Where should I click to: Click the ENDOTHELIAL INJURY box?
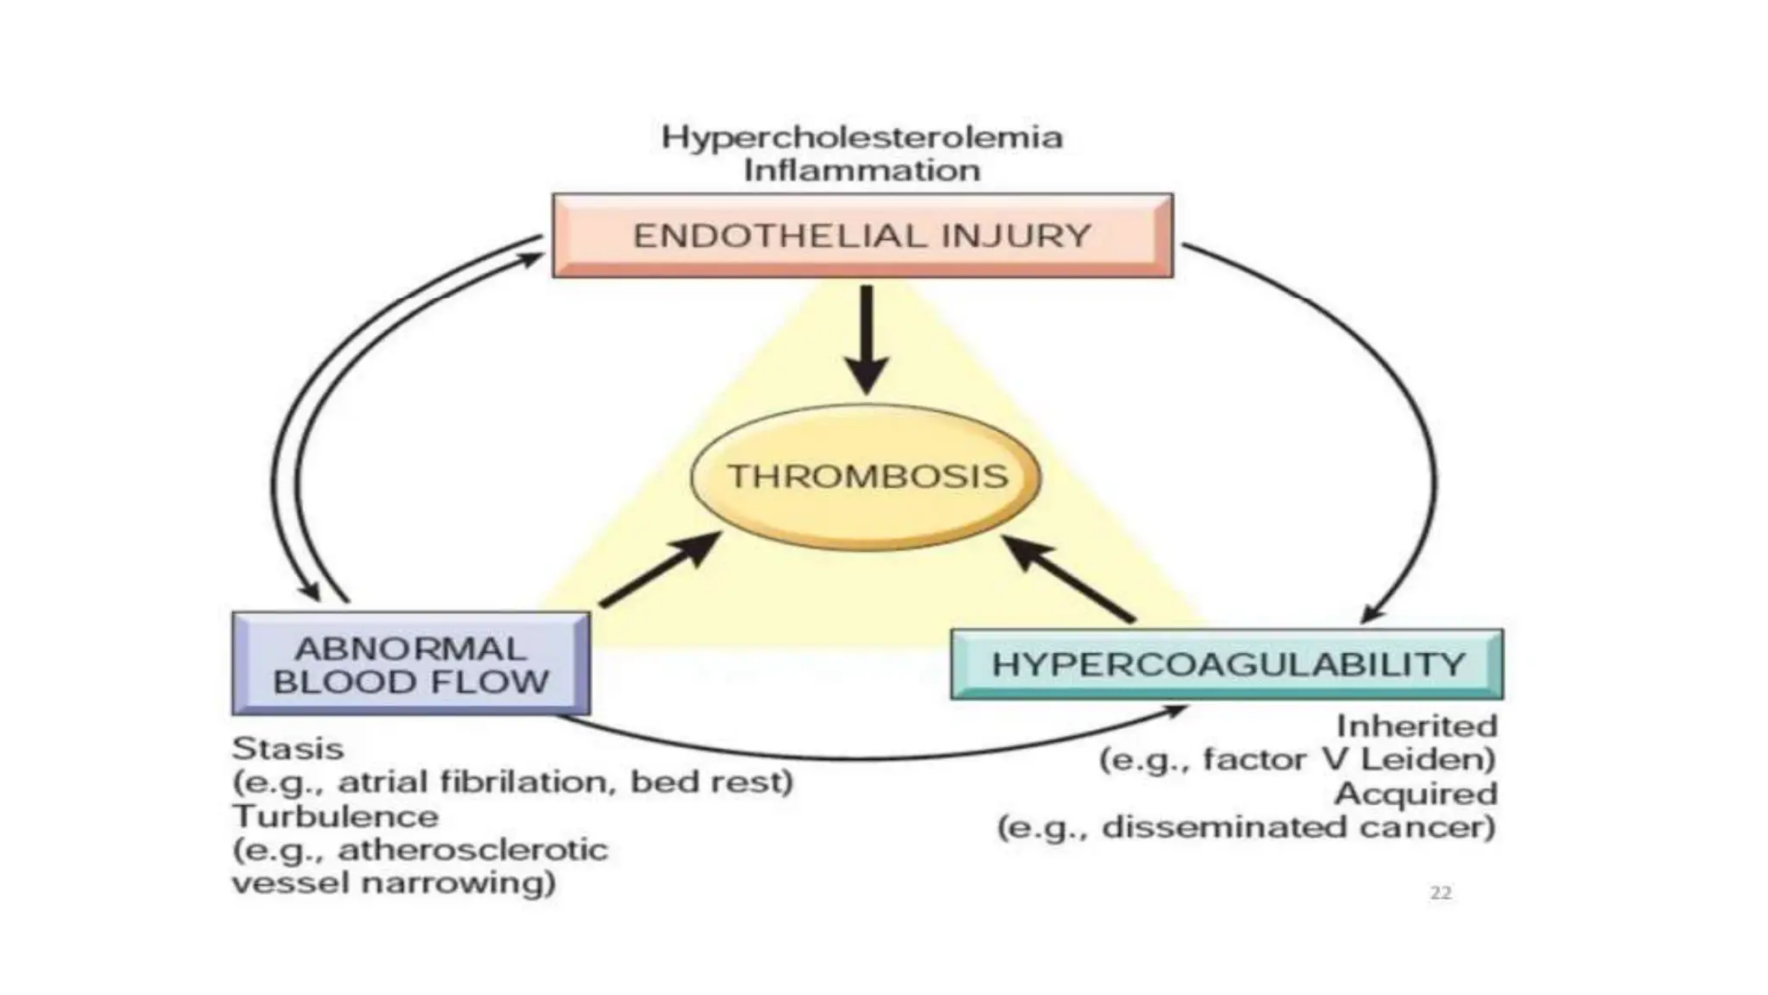point(862,235)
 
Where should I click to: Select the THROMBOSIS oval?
point(867,476)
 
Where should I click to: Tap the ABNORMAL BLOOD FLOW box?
point(411,664)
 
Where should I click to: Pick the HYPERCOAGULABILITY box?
point(1227,664)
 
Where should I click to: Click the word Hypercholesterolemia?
point(862,137)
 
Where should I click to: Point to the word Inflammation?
point(862,170)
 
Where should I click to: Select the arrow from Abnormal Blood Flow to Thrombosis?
point(660,571)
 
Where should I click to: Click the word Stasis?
point(287,748)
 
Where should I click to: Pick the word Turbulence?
point(335,816)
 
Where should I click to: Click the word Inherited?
point(1416,726)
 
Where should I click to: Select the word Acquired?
point(1416,794)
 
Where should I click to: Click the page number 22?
point(1440,893)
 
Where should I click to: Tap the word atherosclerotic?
point(473,850)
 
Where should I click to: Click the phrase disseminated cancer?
point(1298,827)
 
